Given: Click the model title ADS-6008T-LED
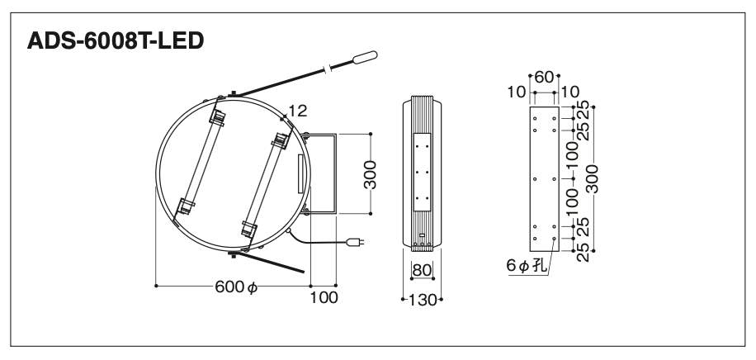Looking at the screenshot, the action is click(x=116, y=41).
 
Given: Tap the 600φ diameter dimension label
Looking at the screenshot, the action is click(x=236, y=287).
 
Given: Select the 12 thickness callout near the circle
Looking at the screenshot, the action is click(x=298, y=111).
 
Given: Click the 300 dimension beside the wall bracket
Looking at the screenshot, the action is click(x=371, y=175).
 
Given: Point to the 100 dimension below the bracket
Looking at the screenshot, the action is click(x=324, y=298).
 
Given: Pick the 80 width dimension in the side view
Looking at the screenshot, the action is click(x=422, y=270).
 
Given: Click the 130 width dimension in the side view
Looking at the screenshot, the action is click(x=423, y=301).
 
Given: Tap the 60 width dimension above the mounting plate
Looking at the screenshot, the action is click(x=545, y=77).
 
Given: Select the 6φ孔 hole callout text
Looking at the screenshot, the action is click(x=527, y=266).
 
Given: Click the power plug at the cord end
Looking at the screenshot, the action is click(x=357, y=242).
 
